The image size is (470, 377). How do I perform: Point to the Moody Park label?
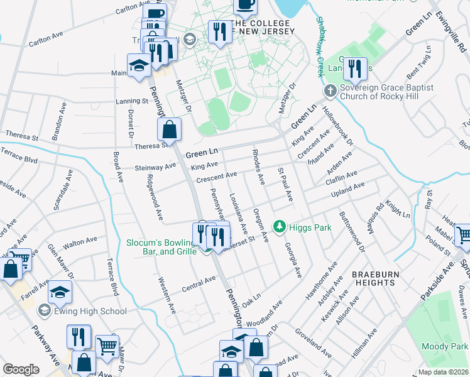(x=445, y=347)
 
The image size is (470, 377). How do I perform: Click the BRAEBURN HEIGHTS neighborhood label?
(x=382, y=279)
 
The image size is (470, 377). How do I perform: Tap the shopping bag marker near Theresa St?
(x=170, y=130)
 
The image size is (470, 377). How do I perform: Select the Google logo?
(x=21, y=369)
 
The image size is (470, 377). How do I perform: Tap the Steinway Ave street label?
(x=156, y=167)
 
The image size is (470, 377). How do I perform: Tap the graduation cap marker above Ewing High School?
(x=60, y=292)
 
